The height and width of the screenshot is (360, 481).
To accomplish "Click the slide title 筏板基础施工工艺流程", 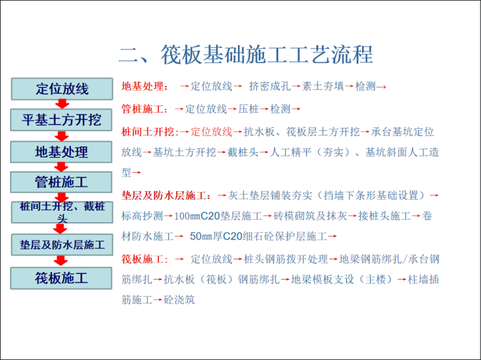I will pyautogui.click(x=246, y=54).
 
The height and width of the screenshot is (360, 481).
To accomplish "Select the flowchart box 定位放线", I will pyautogui.click(x=61, y=89).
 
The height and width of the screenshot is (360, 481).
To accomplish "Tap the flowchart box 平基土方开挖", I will pyautogui.click(x=61, y=120).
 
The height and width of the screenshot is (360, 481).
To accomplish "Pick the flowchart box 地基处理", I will pyautogui.click(x=61, y=152).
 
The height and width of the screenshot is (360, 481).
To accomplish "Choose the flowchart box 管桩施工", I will pyautogui.click(x=61, y=182).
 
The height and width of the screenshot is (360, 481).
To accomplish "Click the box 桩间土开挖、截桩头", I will pyautogui.click(x=61, y=211).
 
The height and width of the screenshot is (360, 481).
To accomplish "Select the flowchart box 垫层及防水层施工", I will pyautogui.click(x=61, y=244).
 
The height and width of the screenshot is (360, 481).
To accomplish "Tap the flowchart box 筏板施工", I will pyautogui.click(x=61, y=278).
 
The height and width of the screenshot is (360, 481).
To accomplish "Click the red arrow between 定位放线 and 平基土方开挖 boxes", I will pyautogui.click(x=61, y=104).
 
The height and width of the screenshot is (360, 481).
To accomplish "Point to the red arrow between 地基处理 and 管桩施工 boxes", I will pyautogui.click(x=61, y=167).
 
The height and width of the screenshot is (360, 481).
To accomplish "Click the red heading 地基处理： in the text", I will pyautogui.click(x=145, y=87).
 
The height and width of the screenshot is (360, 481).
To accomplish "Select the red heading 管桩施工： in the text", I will pyautogui.click(x=145, y=109).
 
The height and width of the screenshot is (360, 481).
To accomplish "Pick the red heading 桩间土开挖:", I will pyautogui.click(x=150, y=132).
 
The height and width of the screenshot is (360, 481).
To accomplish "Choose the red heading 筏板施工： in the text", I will pyautogui.click(x=145, y=259).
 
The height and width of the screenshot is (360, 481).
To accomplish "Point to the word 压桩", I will pyautogui.click(x=248, y=109).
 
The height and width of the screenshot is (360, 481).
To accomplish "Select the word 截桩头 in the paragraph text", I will pyautogui.click(x=244, y=152).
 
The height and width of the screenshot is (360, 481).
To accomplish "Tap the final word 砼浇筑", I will pyautogui.click(x=180, y=299).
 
